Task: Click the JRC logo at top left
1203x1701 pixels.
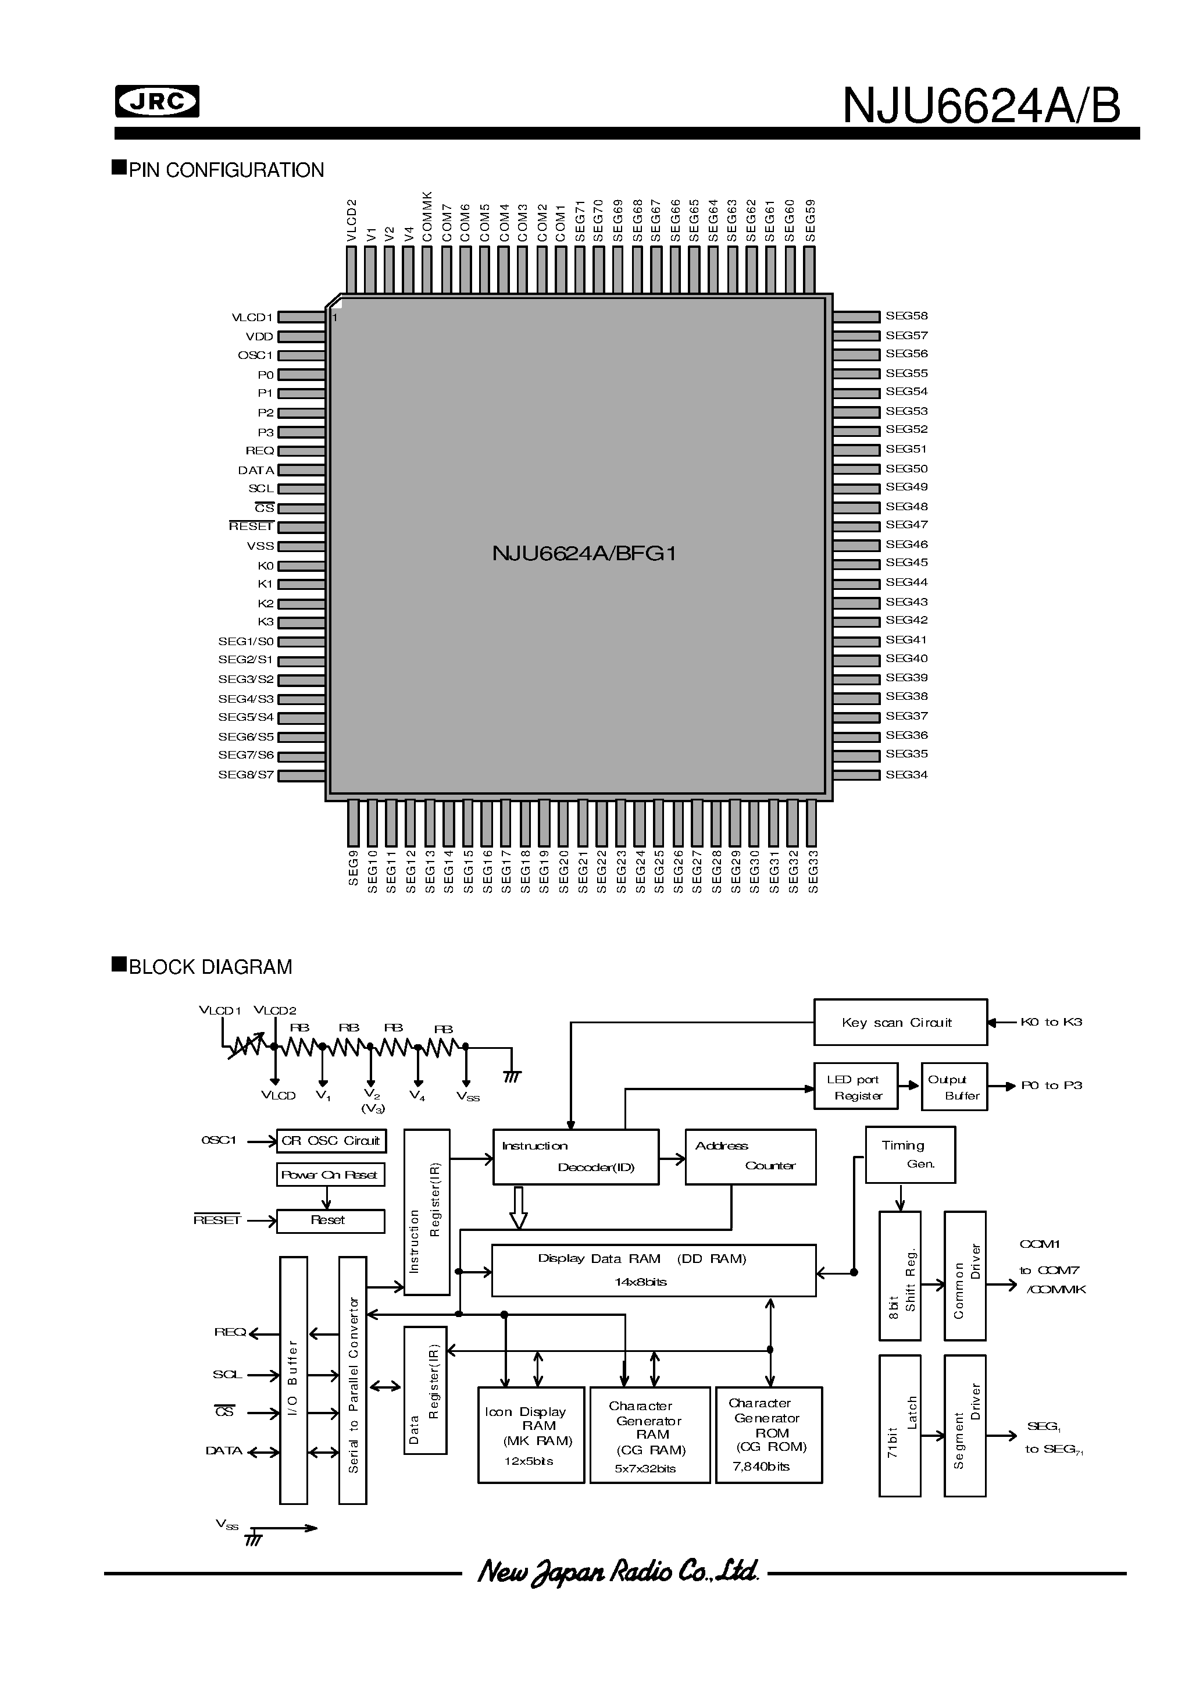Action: (x=157, y=102)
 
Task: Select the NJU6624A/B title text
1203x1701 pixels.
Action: (x=981, y=106)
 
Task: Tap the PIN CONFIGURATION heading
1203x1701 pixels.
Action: (x=226, y=170)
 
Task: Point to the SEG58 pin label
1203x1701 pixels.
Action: (x=906, y=316)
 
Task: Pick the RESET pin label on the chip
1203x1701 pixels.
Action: (x=251, y=526)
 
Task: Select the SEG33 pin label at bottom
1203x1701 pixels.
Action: (x=813, y=871)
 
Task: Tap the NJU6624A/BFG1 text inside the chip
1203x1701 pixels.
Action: (x=584, y=554)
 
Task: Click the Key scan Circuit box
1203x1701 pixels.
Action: (x=900, y=1022)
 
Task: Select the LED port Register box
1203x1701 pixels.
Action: (x=855, y=1087)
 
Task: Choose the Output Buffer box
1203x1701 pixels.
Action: (x=954, y=1087)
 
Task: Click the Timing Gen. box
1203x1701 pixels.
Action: (x=909, y=1154)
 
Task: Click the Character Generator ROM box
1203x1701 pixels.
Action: (x=768, y=1434)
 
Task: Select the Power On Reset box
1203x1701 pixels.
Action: (x=330, y=1175)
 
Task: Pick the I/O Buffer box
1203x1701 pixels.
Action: (x=294, y=1379)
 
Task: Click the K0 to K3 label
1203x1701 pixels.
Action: (x=1051, y=1022)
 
